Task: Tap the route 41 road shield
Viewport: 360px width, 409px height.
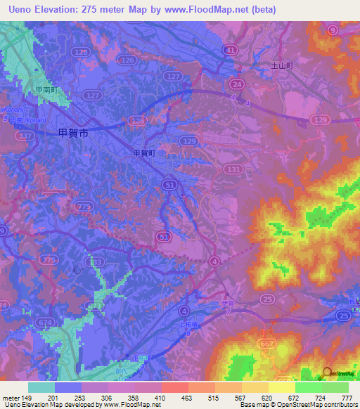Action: click(231, 50)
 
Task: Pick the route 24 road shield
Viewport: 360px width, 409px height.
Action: click(238, 84)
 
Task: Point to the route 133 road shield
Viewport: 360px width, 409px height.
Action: click(97, 261)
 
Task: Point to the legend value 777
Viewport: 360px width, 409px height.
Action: click(346, 398)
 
